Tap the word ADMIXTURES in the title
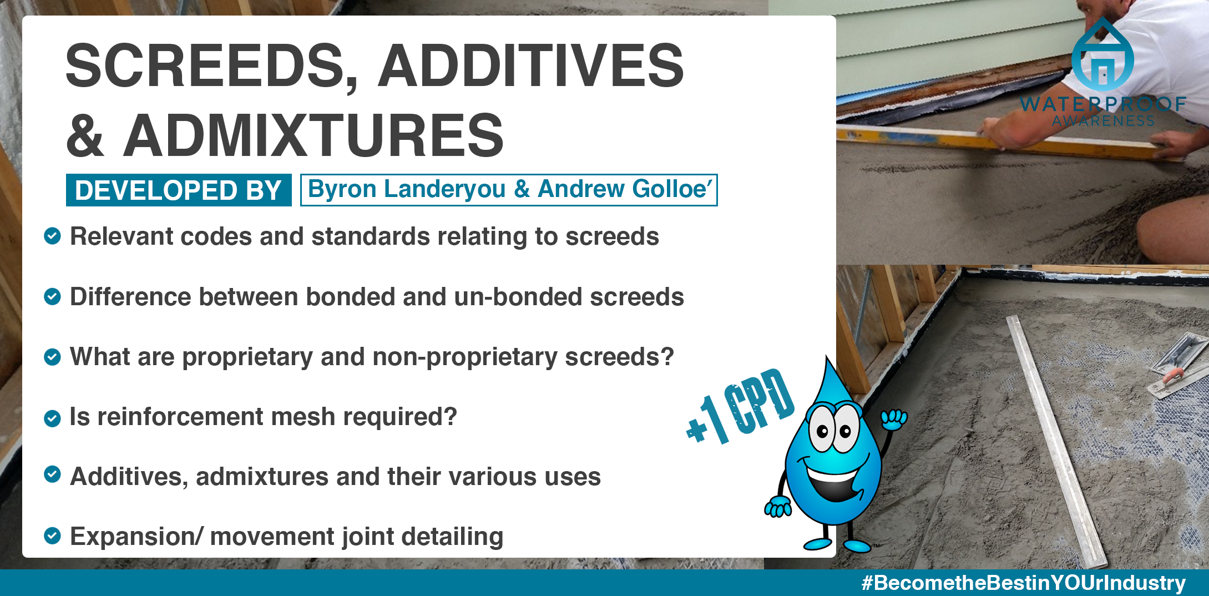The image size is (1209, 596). pyautogui.click(x=313, y=135)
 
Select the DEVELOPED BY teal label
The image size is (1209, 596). pyautogui.click(x=179, y=190)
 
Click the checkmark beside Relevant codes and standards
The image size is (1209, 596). pyautogui.click(x=52, y=236)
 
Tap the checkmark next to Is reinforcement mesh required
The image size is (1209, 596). pyautogui.click(x=52, y=418)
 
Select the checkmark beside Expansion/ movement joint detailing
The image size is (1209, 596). pyautogui.click(x=52, y=536)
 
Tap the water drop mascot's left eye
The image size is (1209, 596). pyautogui.click(x=822, y=428)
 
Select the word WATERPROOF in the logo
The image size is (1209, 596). pyautogui.click(x=1103, y=104)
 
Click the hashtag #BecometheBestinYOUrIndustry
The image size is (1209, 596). pyautogui.click(x=1023, y=583)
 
